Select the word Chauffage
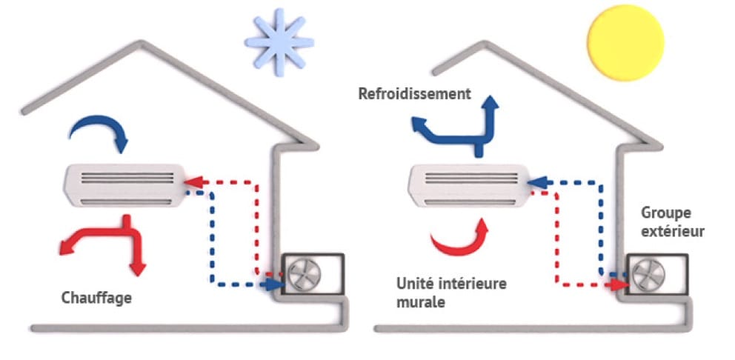click(96, 298)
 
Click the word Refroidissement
click(414, 94)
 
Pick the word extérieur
click(673, 231)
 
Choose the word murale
click(420, 301)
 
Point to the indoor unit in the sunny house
click(468, 184)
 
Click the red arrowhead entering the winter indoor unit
click(191, 180)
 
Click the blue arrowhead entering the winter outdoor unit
click(273, 284)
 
